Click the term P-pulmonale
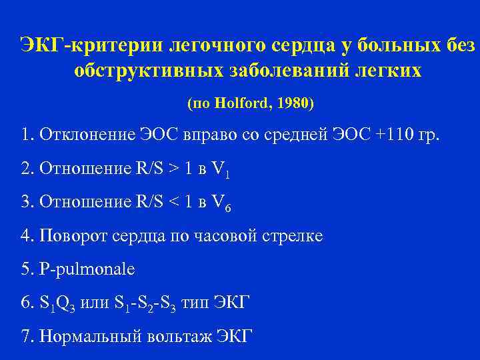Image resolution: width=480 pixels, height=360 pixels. point(87,269)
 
